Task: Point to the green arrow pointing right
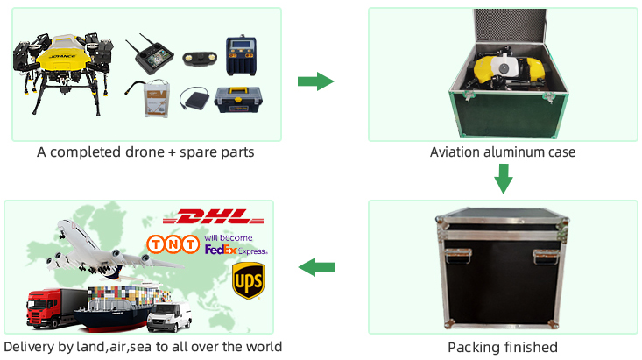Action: pos(315,81)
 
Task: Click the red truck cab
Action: pos(39,311)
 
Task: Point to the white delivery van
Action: pos(169,316)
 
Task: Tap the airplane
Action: pos(101,246)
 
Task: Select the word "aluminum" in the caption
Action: pos(512,152)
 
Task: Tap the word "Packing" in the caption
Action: pos(474,347)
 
